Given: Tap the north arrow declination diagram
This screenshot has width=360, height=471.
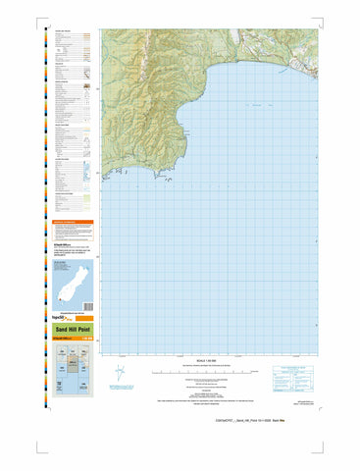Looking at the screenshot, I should (x=119, y=375).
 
